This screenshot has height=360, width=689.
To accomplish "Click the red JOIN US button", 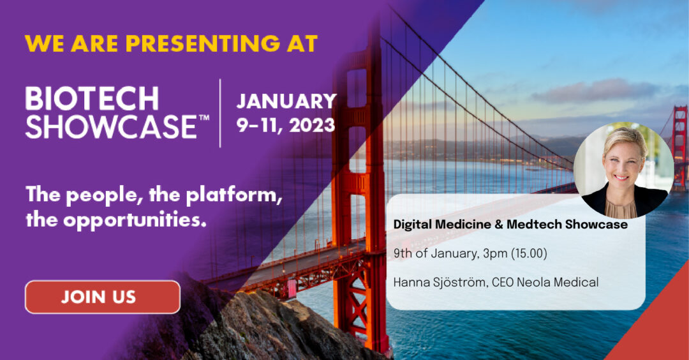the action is coord(102,297).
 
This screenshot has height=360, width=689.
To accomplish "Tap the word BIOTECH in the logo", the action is coord(93,98).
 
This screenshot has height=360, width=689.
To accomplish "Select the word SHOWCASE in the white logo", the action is coord(112,126).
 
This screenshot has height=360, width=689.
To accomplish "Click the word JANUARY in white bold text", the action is coord(286,101).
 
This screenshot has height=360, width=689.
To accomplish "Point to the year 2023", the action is coord(312,125).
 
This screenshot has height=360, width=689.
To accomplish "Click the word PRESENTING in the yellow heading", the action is coord(203,43).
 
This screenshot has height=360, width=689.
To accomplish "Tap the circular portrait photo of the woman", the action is coord(623,170).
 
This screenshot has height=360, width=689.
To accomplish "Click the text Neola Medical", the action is coord(557,282).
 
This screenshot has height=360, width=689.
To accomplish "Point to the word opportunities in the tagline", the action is coord(135,220).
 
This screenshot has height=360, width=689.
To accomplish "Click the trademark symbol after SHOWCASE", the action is coord(204,118).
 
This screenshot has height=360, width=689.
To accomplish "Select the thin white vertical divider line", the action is coord(220,113).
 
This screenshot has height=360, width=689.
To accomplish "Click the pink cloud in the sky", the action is coord(598,91).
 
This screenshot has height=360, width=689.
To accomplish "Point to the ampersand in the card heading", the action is coord(499,225).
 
